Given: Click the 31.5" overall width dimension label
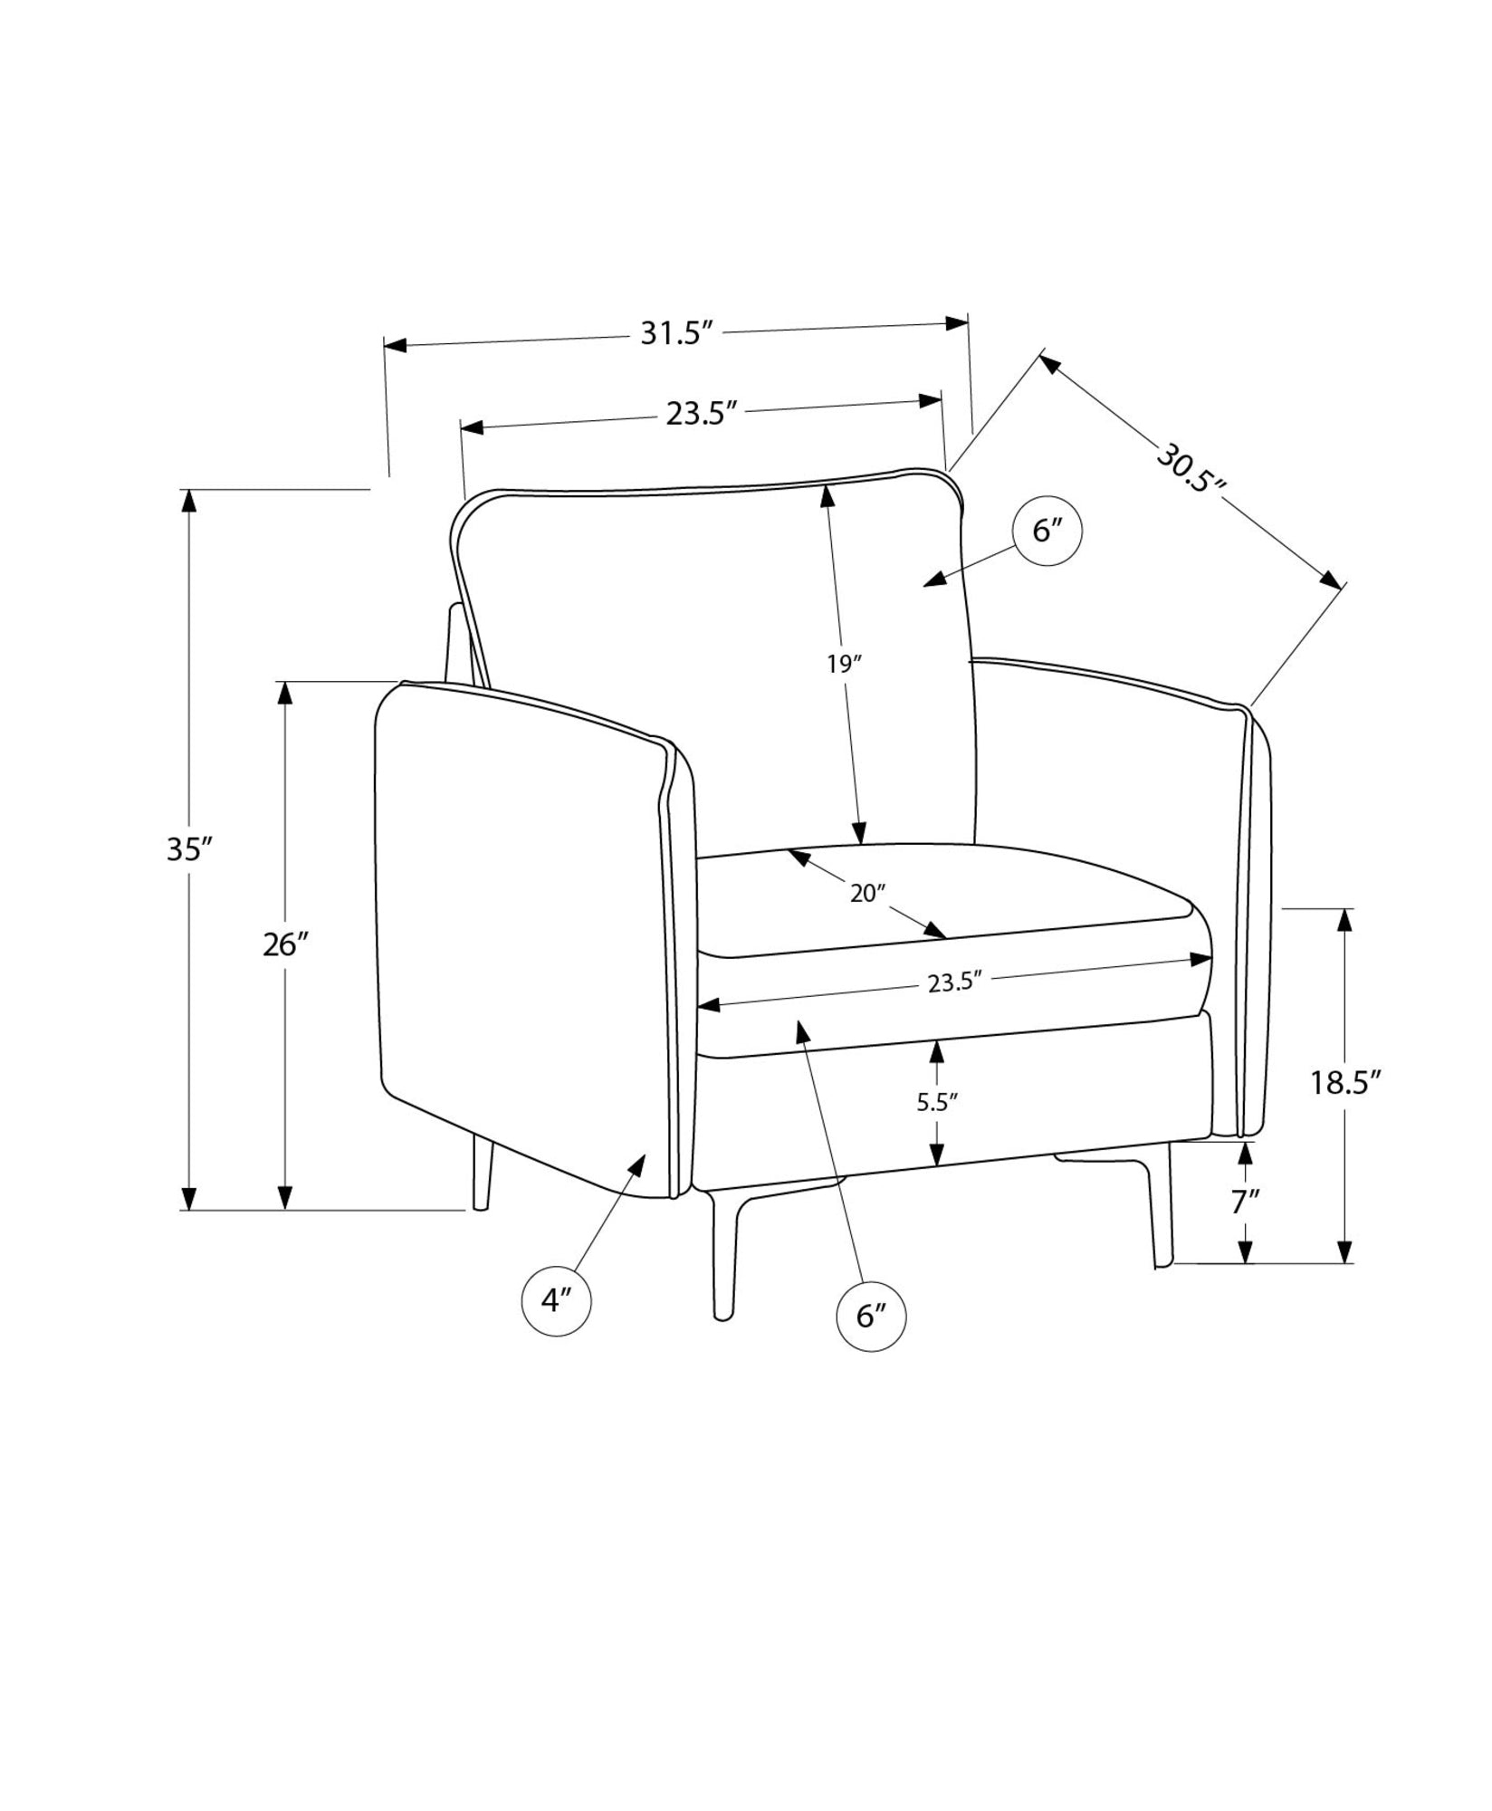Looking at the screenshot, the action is [x=672, y=333].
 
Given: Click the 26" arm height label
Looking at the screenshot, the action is [x=286, y=944].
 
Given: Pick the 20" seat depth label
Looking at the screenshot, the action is [x=866, y=894].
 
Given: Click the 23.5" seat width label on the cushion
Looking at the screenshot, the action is [x=955, y=983].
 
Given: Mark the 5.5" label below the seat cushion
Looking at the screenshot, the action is [x=937, y=1102].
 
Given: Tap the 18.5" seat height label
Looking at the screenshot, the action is [x=1344, y=1082].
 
